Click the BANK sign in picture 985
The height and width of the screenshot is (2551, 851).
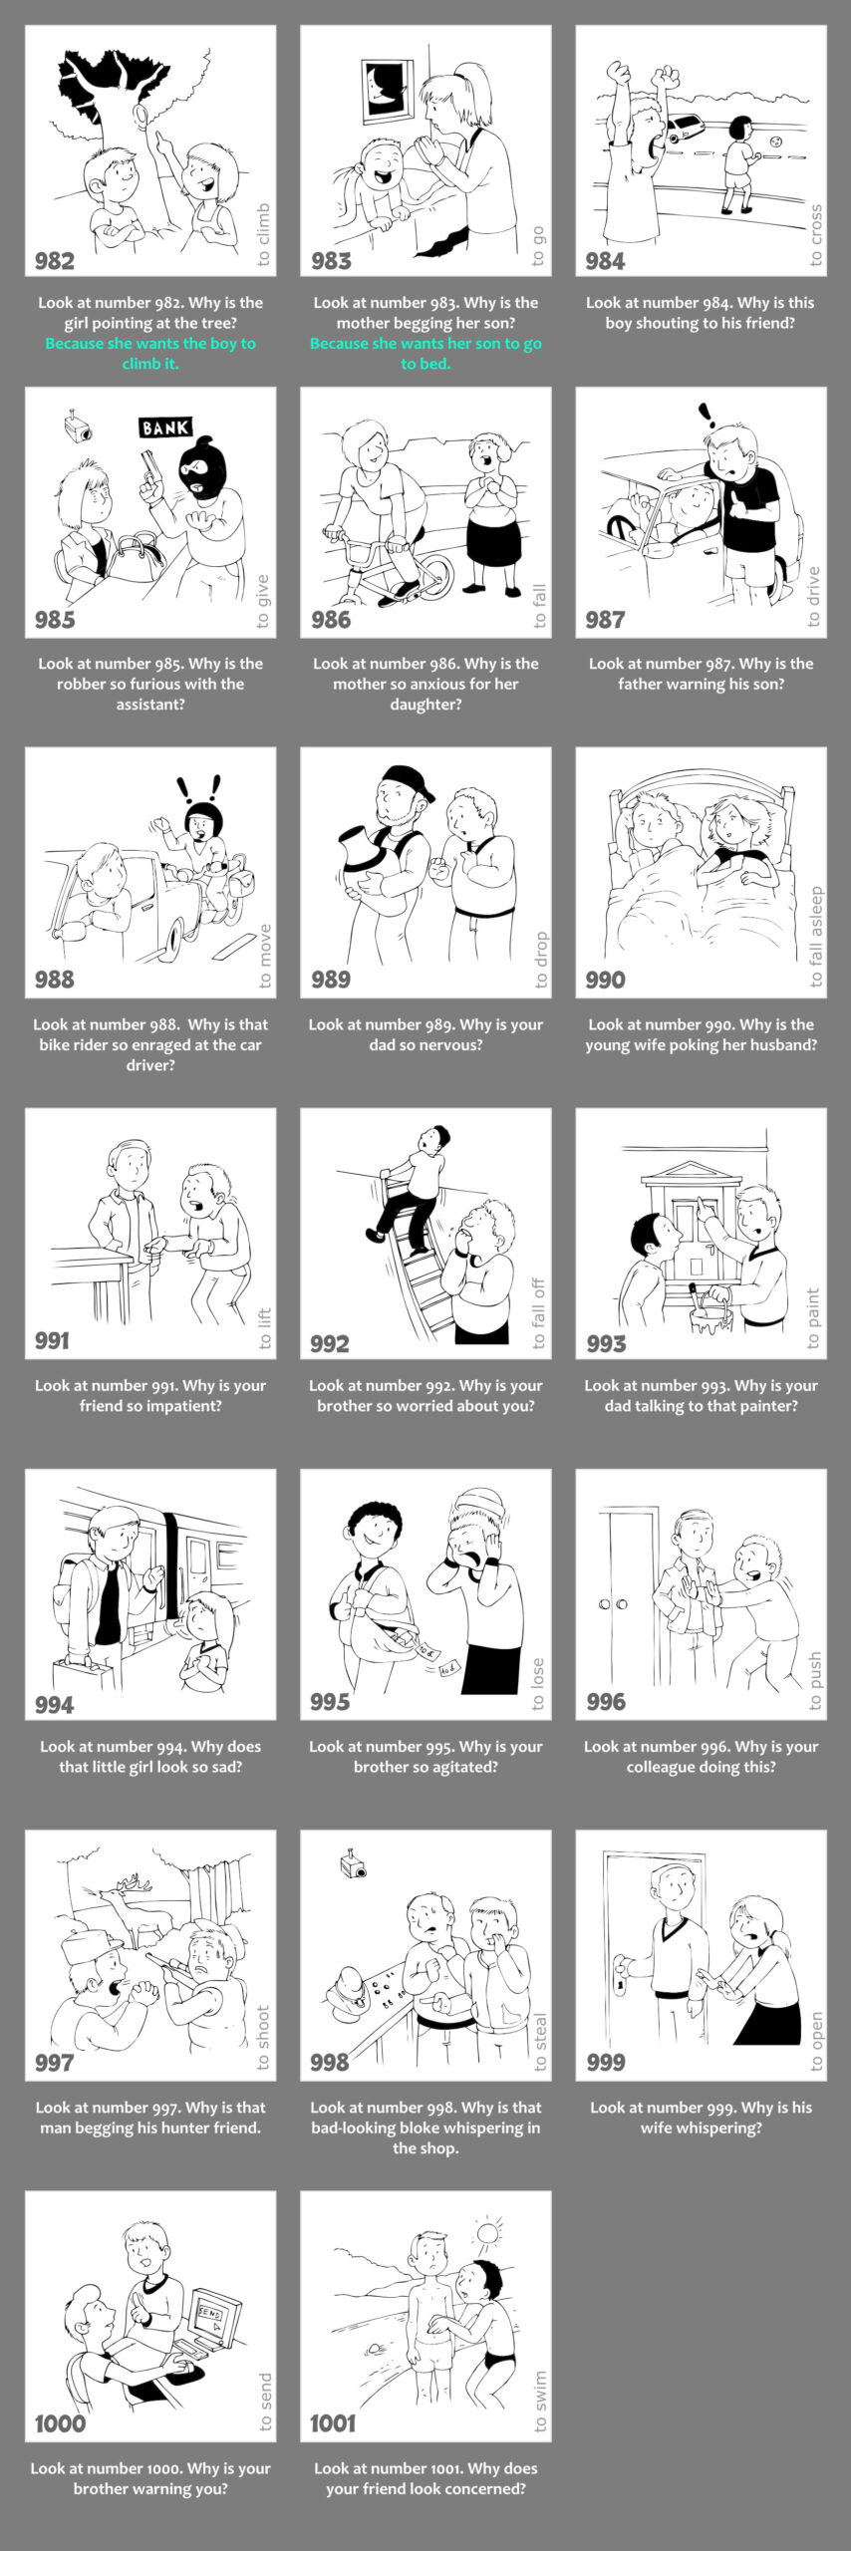[165, 428]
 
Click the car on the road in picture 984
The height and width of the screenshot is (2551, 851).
[685, 128]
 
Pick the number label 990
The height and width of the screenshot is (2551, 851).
[606, 980]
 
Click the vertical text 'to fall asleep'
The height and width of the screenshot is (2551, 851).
[816, 936]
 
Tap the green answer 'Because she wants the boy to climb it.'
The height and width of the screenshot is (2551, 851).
[150, 354]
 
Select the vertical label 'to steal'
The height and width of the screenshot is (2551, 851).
[541, 2043]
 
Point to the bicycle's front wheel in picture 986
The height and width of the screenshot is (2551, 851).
[431, 575]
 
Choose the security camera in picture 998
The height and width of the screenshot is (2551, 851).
[352, 1865]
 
